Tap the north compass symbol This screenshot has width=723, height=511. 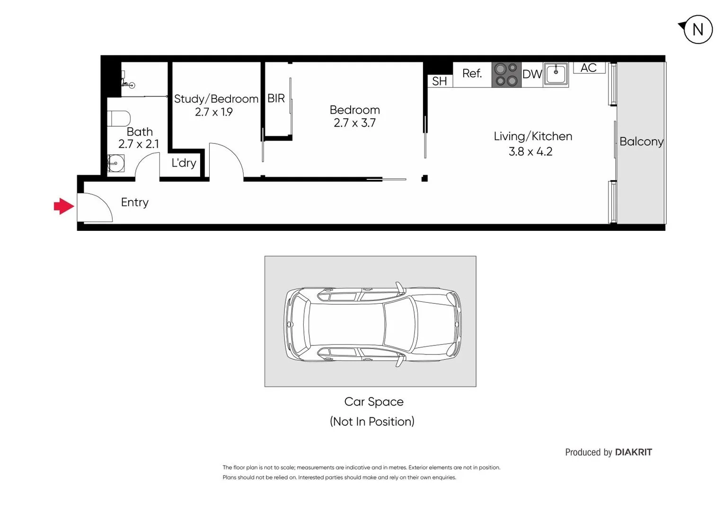tap(697, 29)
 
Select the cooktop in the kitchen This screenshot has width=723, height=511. tap(506, 75)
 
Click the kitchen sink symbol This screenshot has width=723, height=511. tap(556, 74)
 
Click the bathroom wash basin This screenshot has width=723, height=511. tap(115, 164)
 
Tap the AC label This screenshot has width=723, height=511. tap(589, 68)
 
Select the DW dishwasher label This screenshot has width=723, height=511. tap(532, 74)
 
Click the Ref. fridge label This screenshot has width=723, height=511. tap(472, 73)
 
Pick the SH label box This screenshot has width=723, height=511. tap(440, 81)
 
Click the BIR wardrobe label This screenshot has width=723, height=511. tap(276, 98)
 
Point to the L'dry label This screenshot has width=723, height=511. tap(184, 163)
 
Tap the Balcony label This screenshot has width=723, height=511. tap(641, 141)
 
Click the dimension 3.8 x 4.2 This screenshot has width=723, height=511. tap(530, 151)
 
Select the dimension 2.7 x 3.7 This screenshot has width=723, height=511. tap(354, 123)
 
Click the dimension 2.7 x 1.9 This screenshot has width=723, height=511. tap(214, 112)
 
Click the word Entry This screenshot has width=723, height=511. tap(135, 202)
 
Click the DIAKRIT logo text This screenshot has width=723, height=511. tap(633, 452)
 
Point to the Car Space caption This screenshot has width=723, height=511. tap(374, 402)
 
